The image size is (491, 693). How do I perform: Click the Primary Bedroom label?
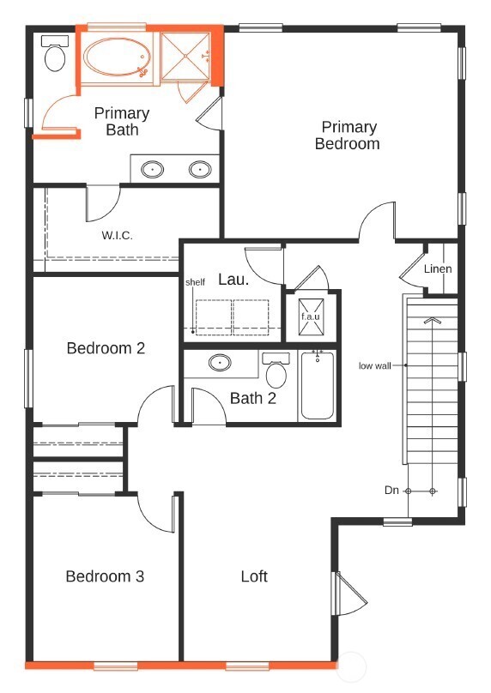(x=348, y=136)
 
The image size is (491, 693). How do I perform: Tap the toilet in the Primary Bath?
(x=55, y=53)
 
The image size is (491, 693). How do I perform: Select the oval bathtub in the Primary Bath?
(x=118, y=57)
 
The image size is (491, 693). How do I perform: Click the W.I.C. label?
(x=118, y=235)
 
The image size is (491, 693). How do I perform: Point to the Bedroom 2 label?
(x=106, y=348)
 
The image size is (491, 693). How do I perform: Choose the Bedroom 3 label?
(x=105, y=576)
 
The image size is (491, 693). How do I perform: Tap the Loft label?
(x=254, y=576)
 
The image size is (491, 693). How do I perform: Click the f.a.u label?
(x=311, y=316)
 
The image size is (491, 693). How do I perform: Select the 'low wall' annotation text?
(x=374, y=365)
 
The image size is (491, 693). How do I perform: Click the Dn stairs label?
(x=391, y=490)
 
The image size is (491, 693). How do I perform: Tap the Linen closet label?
(x=438, y=268)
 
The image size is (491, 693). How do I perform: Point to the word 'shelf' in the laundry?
(x=195, y=282)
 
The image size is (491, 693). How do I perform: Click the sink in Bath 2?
(x=220, y=363)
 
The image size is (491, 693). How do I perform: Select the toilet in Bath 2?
(x=276, y=370)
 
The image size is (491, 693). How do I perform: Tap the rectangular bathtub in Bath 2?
(x=317, y=385)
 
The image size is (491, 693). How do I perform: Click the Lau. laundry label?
(x=233, y=280)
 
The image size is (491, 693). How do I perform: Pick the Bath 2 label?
(x=253, y=398)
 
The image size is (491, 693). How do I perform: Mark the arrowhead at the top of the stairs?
(x=432, y=321)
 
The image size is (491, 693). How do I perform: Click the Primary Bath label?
(x=122, y=122)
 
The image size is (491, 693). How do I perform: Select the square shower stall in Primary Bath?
(x=185, y=56)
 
